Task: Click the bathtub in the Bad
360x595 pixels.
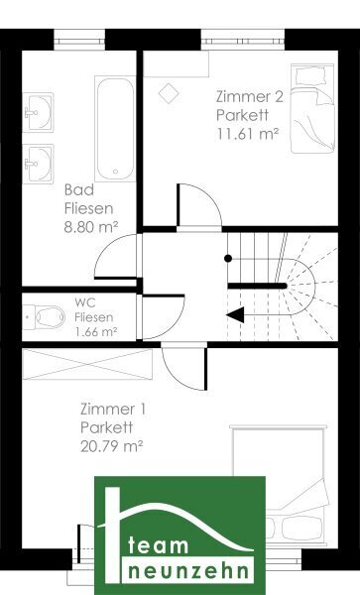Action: click(x=115, y=129)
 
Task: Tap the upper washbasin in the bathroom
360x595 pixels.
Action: click(x=38, y=112)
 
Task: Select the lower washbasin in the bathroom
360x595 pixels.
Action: click(x=38, y=164)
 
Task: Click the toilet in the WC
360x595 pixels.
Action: click(x=44, y=317)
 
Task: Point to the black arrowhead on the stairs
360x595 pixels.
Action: click(x=235, y=315)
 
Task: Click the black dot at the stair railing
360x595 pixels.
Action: click(x=228, y=259)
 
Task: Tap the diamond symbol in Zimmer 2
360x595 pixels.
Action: click(x=169, y=93)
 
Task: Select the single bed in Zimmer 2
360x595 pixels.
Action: click(x=313, y=108)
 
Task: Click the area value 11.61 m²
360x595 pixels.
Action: click(x=248, y=134)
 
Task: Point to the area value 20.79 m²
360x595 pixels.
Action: click(x=111, y=446)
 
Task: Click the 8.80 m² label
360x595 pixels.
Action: click(x=91, y=227)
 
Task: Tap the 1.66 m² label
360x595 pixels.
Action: click(x=96, y=332)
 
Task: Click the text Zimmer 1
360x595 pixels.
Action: click(x=113, y=409)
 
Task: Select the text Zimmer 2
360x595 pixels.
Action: click(x=250, y=96)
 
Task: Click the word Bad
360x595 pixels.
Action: click(x=79, y=189)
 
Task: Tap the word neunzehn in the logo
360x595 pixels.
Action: click(x=188, y=570)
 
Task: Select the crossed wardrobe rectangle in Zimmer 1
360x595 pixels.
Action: click(x=87, y=364)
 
